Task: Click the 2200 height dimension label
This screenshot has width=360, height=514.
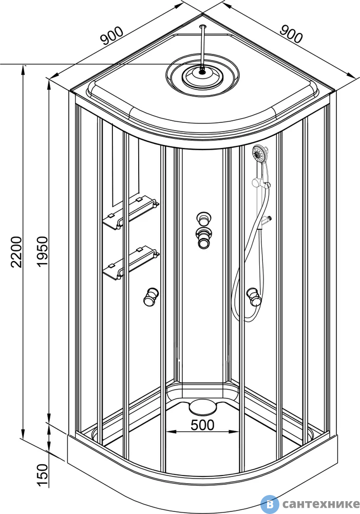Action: [16, 251]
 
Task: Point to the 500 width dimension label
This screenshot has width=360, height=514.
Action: [202, 425]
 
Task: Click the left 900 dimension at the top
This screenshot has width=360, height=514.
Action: [112, 36]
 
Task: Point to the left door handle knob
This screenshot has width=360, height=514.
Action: [151, 297]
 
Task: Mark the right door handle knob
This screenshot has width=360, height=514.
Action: [253, 297]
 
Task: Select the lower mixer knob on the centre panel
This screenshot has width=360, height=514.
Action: [204, 237]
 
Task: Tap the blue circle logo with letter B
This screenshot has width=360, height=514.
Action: [270, 504]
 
